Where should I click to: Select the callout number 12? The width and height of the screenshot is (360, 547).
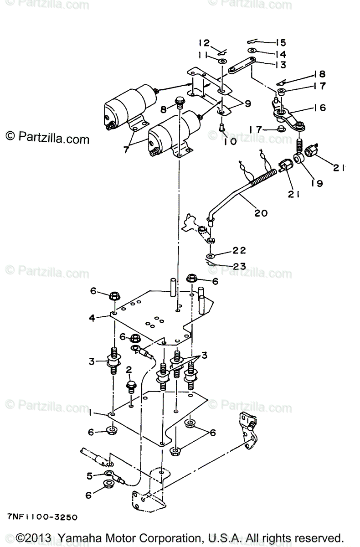pos(204,43)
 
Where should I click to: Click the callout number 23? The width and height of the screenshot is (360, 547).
pos(240,266)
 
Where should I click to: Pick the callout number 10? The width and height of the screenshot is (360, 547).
pos(230,141)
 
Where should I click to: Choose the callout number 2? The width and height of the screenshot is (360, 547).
pos(129,369)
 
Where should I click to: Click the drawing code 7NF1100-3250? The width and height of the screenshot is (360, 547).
pos(42,517)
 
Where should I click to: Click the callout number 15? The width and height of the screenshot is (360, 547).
pos(280,43)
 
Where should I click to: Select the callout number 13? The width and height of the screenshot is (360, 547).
pos(280,65)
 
